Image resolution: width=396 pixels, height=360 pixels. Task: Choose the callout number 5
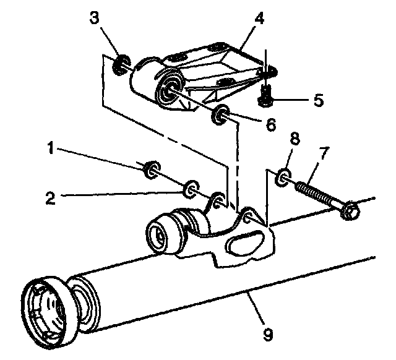317,100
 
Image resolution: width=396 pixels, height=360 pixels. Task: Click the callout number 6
270,124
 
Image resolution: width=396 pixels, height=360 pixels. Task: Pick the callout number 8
295,139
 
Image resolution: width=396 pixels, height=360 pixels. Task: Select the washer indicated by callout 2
192,186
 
